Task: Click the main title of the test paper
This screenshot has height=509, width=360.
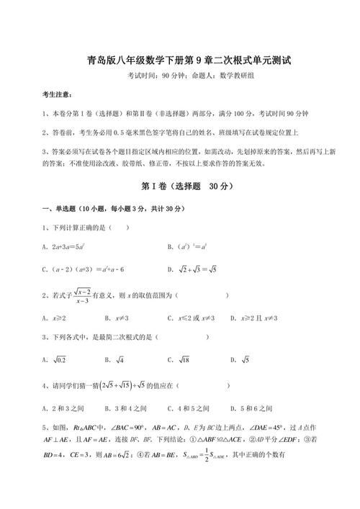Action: point(180,60)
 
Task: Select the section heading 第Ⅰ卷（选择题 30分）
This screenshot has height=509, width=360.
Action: point(180,186)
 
